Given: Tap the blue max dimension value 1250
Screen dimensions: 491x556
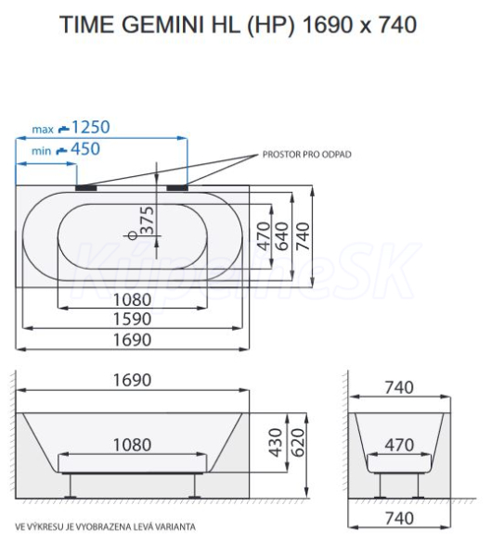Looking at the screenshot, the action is pos(91,127).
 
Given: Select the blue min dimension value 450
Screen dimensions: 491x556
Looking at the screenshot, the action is pos(85,149).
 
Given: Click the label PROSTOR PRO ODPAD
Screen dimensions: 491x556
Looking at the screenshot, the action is pos(306,155).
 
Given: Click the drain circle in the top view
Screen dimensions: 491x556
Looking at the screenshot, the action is pos(133,235).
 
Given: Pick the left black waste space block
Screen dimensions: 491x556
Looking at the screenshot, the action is pos(86,188).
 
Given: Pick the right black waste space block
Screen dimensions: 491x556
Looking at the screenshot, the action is pos(177,188).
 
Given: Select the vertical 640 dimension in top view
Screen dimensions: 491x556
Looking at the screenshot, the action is pos(282,236).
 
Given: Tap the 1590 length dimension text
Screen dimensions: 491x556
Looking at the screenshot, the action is pos(132,319).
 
